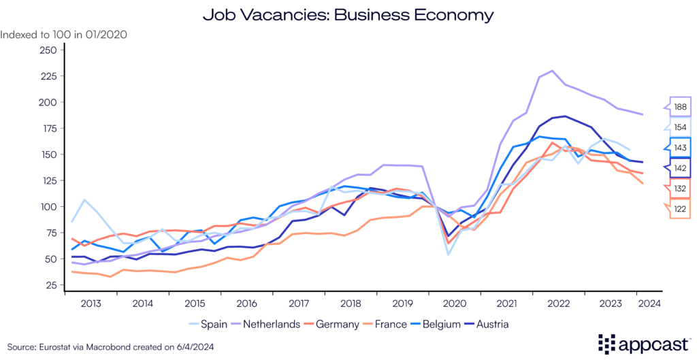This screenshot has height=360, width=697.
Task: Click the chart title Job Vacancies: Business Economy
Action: point(348,14)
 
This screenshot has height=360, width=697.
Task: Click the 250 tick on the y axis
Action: point(48,50)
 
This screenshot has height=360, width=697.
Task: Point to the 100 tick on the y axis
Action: point(48,207)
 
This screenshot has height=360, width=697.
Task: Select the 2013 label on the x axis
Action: point(91,304)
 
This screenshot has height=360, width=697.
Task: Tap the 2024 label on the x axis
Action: point(647,304)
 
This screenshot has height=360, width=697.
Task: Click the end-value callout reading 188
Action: point(680,108)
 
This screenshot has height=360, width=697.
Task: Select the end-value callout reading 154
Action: point(680,128)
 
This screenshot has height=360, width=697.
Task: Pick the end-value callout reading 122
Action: point(680,210)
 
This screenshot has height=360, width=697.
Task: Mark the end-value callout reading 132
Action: point(680,189)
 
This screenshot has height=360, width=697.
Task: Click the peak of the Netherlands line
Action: point(551,71)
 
